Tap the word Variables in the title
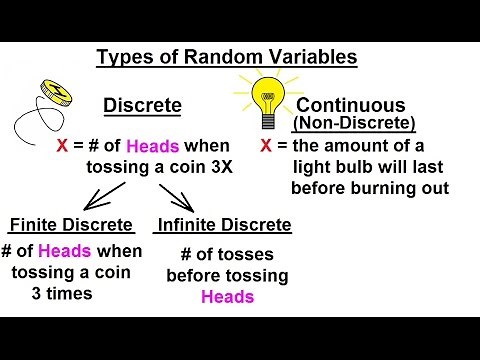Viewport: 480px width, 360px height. (x=311, y=57)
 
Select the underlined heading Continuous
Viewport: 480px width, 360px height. (x=351, y=104)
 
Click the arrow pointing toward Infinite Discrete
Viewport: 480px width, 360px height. (x=169, y=194)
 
